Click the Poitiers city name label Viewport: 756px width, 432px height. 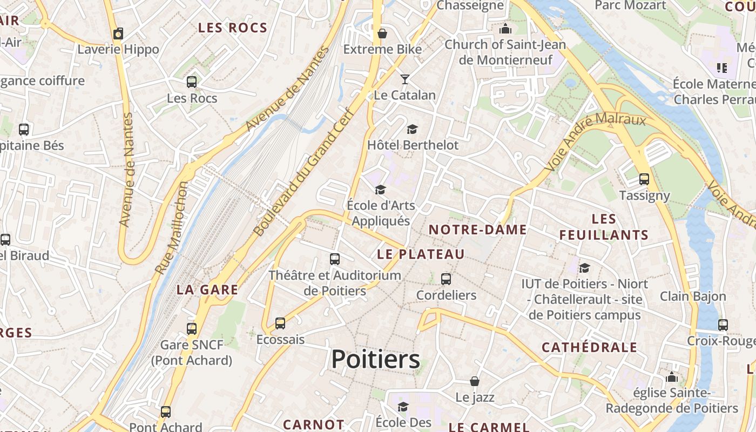[x=375, y=359]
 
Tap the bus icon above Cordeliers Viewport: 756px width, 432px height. [x=446, y=279]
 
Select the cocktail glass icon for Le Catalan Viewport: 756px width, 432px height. [x=404, y=79]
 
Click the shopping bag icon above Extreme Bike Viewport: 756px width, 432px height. [x=382, y=33]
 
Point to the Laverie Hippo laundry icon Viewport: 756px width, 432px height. [x=118, y=33]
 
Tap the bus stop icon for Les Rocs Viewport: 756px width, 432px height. [x=192, y=82]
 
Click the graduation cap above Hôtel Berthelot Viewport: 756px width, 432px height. [x=413, y=129]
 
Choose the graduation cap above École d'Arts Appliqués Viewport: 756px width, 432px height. [x=381, y=190]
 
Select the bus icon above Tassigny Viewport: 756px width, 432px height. [x=644, y=179]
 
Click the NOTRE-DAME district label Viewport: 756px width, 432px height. [x=477, y=230]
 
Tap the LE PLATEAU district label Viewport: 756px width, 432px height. [x=421, y=254]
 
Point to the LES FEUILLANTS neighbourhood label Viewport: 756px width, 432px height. [x=604, y=227]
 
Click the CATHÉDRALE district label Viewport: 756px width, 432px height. [x=589, y=347]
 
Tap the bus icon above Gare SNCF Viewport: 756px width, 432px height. [x=192, y=328]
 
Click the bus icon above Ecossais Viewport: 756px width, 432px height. [x=280, y=323]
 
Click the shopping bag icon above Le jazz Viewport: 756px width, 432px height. [x=475, y=382]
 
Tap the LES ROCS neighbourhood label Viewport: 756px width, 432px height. [x=233, y=28]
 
